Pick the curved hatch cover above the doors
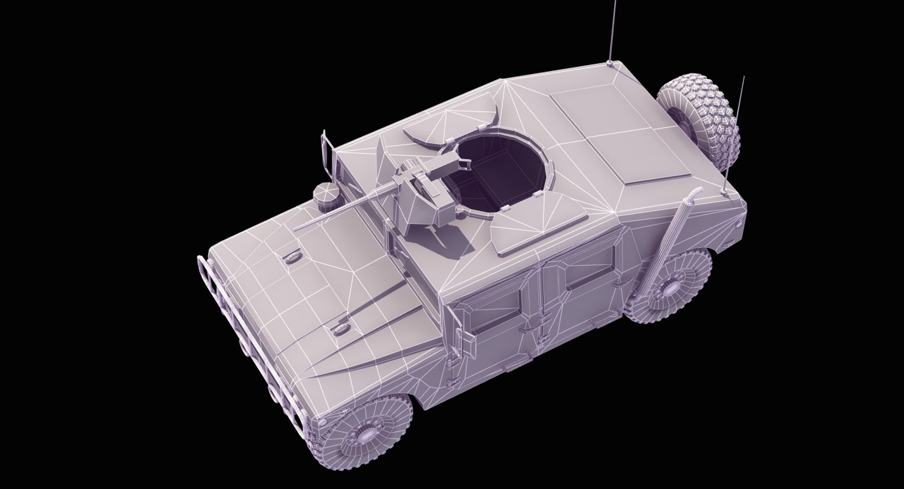tap(523, 231)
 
